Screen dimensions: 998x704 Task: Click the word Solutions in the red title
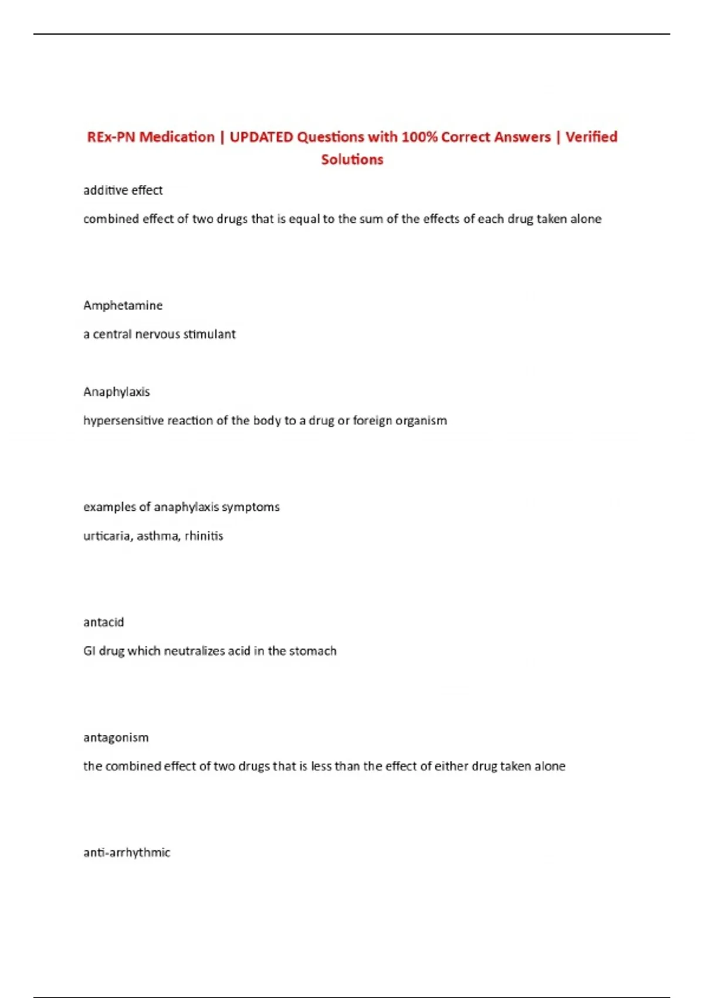(x=352, y=159)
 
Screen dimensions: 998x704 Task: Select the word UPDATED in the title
(x=261, y=137)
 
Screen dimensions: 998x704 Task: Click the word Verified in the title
(x=591, y=137)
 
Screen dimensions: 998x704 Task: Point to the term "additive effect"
(x=123, y=190)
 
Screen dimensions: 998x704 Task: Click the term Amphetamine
(x=123, y=305)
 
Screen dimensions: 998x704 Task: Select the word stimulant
(x=209, y=334)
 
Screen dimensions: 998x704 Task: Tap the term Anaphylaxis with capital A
(x=116, y=392)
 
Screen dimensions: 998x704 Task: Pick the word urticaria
(x=107, y=536)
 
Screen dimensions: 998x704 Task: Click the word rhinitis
(x=204, y=536)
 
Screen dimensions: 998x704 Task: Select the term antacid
(x=103, y=622)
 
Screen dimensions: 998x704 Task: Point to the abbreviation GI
(x=89, y=651)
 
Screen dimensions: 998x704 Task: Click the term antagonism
(x=116, y=737)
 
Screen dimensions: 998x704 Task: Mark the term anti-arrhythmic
(x=127, y=852)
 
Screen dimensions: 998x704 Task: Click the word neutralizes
(x=194, y=651)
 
